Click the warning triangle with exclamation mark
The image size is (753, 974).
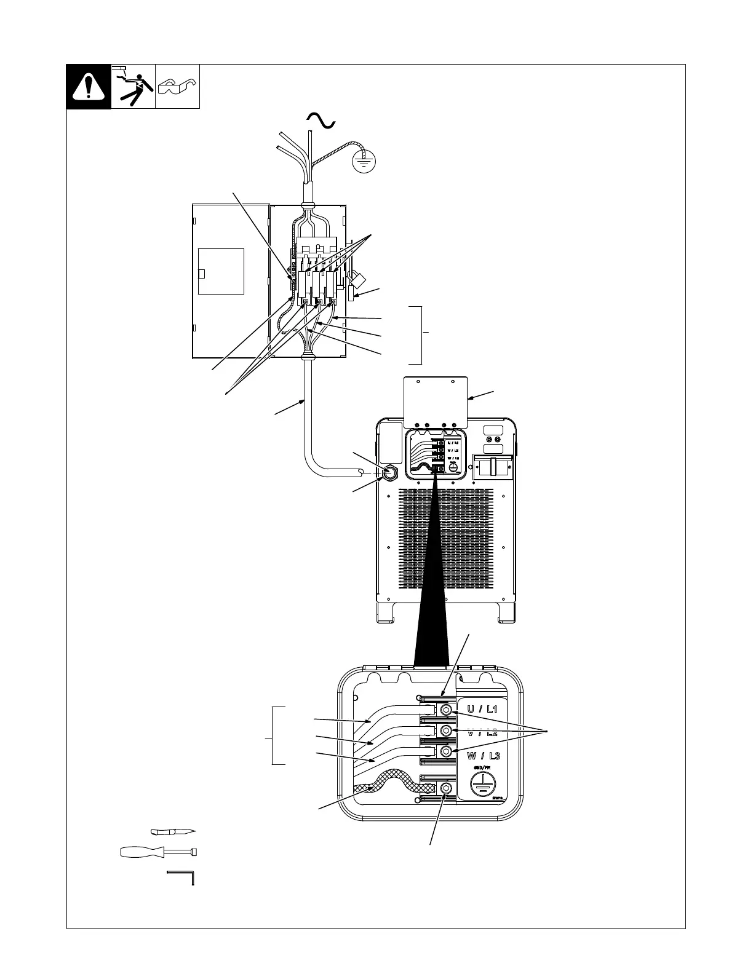(x=89, y=87)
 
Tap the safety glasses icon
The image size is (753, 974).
(x=177, y=87)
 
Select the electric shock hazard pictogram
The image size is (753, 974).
(x=133, y=87)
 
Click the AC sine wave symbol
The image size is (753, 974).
(x=321, y=121)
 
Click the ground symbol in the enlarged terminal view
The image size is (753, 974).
(x=484, y=785)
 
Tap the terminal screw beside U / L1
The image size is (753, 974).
(x=447, y=710)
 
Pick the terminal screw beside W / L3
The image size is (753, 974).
(x=447, y=752)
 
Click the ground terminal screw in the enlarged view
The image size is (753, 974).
(x=447, y=788)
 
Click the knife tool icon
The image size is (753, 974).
(x=173, y=832)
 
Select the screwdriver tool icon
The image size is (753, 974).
(x=159, y=852)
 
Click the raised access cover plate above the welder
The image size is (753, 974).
(x=434, y=400)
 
